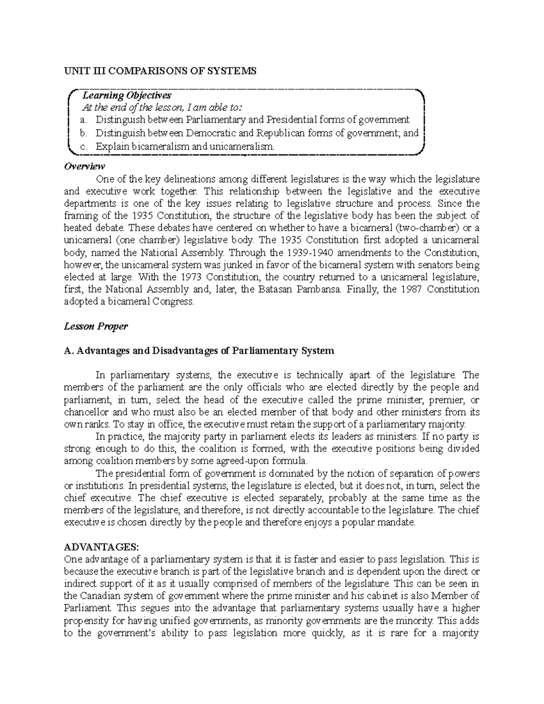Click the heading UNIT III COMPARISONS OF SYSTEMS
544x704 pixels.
tap(160, 71)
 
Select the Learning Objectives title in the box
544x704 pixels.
tap(126, 96)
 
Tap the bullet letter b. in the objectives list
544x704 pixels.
tap(83, 133)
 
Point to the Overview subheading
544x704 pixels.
tap(85, 166)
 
